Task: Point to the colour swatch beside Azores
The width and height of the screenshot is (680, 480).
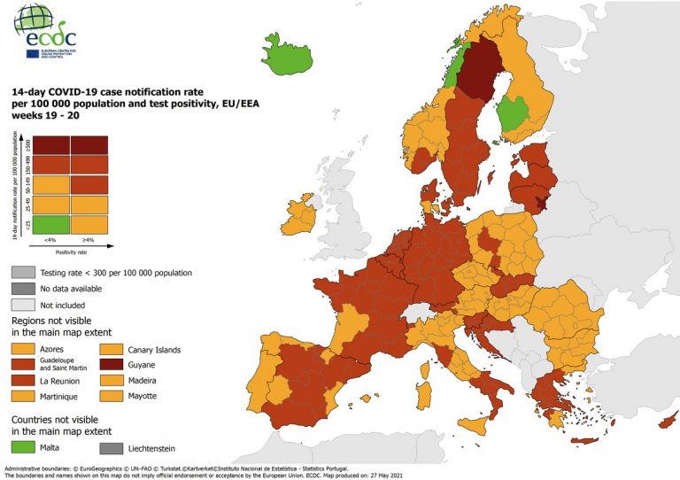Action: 23,349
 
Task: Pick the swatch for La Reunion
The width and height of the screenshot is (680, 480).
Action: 23,380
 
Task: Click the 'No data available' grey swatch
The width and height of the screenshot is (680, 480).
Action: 23,289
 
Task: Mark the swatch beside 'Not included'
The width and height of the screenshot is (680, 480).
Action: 23,304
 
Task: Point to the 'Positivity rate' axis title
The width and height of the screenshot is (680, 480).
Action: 69,252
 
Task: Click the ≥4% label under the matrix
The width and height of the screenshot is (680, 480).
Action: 89,240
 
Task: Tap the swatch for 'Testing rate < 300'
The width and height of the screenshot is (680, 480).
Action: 23,273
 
